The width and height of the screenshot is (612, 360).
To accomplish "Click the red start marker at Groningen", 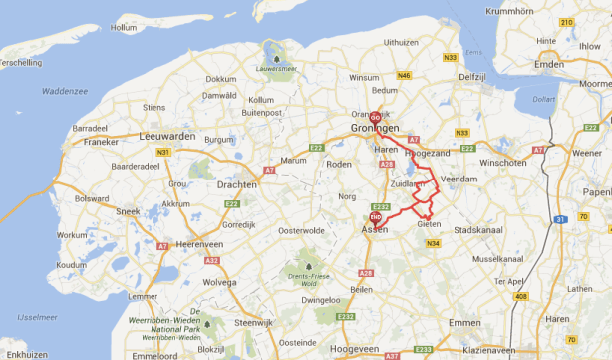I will click(375, 116).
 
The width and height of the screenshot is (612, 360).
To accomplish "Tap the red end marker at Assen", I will click(375, 216).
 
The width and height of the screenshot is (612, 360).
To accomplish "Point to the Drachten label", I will click(235, 184).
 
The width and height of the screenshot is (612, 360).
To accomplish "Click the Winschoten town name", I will click(501, 161).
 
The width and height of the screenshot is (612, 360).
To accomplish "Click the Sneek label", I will click(127, 211).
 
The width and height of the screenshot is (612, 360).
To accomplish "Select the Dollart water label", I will click(542, 99).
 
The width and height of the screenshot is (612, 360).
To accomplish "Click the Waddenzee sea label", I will click(65, 91).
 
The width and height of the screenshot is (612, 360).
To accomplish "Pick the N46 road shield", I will click(404, 75).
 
